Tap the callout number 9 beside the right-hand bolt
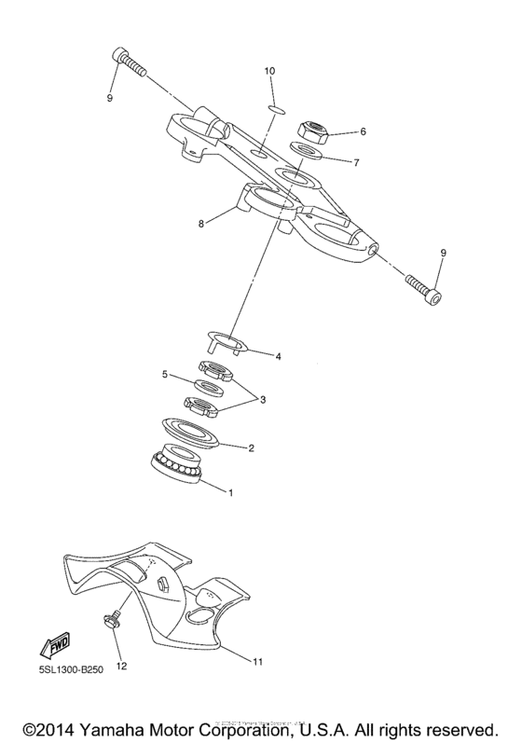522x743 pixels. click(443, 253)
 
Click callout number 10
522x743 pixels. click(269, 71)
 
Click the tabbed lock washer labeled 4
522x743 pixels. click(227, 342)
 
